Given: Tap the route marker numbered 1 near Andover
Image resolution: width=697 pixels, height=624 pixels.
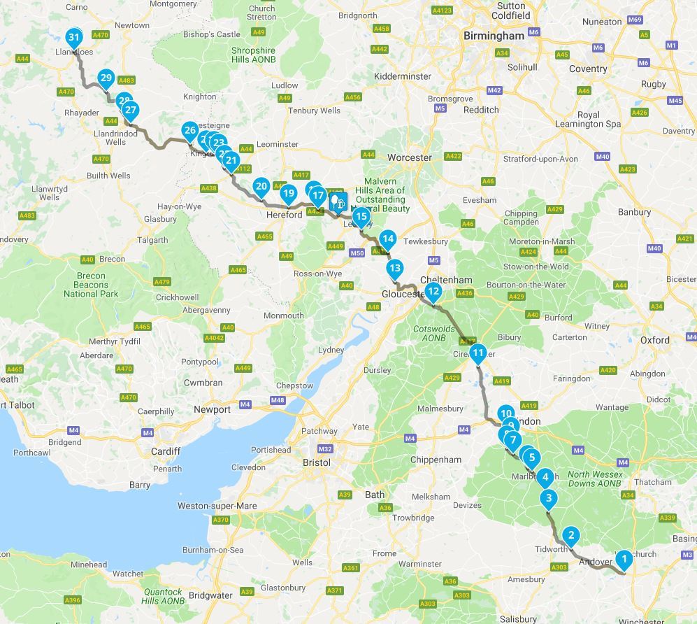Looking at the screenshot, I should tap(624, 558).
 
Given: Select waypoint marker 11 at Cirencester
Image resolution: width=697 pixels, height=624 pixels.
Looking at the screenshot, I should tap(477, 353).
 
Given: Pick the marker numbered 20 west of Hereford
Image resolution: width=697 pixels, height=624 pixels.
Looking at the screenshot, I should tap(261, 186).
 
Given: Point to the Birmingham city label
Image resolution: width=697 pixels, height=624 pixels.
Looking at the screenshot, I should tap(494, 36).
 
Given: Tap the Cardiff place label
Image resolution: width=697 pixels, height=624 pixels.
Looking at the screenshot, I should tap(166, 451).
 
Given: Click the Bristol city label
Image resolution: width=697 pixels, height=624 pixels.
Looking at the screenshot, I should tap(317, 463).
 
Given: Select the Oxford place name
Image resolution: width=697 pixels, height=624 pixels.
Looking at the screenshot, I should tap(654, 341).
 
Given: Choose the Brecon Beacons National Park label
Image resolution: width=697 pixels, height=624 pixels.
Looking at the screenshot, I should tap(91, 285).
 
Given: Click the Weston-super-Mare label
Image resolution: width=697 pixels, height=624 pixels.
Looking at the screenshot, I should tap(217, 506).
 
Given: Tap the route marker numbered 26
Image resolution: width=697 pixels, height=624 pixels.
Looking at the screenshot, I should tap(189, 129).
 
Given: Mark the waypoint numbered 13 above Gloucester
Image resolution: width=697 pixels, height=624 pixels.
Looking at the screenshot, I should tap(395, 268).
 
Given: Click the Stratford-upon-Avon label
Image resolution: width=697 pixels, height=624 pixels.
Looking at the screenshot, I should tap(540, 159).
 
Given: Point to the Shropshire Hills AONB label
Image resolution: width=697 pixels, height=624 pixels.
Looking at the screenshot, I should tap(253, 55).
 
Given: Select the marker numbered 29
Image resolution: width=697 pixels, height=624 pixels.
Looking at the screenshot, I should tap(106, 78).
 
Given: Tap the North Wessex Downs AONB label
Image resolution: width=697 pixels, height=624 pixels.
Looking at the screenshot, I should tap(594, 478).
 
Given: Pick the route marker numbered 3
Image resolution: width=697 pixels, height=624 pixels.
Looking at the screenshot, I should tap(549, 499).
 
